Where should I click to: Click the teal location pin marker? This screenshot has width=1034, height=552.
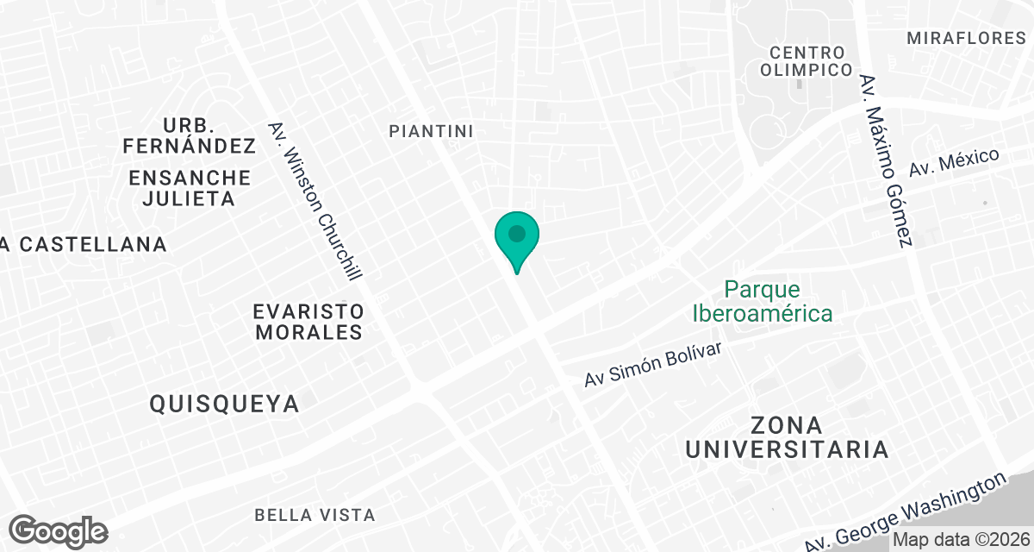(x=516, y=241)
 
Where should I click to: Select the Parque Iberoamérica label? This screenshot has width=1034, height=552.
(x=763, y=300)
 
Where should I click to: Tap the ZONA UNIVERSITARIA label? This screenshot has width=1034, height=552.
(x=786, y=437)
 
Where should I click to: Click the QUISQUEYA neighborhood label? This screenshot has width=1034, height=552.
(x=224, y=403)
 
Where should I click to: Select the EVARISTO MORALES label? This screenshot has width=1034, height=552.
(x=308, y=321)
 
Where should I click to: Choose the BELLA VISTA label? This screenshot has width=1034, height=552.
(x=315, y=515)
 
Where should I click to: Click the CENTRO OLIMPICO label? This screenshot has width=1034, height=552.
(x=807, y=61)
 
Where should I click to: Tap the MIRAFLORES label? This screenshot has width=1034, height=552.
(x=966, y=38)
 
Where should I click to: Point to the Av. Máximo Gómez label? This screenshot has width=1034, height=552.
(x=885, y=160)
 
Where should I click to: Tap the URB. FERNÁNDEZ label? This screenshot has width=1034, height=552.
(x=190, y=135)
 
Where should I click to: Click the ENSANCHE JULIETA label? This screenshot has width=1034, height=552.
(x=190, y=188)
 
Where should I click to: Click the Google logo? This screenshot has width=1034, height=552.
(x=59, y=530)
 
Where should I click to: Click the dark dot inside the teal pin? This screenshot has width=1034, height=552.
(x=516, y=233)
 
